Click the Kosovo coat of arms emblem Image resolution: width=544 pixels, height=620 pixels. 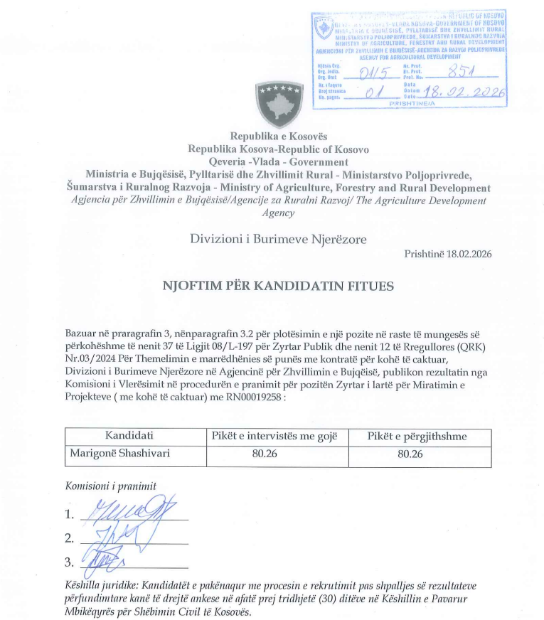pos(278,103)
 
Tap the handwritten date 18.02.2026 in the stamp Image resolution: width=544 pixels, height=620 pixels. pos(464,92)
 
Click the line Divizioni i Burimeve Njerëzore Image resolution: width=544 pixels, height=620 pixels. pos(278,239)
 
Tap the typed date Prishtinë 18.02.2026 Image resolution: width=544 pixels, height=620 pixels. pos(448,254)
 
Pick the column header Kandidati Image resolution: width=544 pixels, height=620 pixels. pos(129,436)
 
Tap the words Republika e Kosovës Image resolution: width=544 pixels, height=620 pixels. pos(278,137)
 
